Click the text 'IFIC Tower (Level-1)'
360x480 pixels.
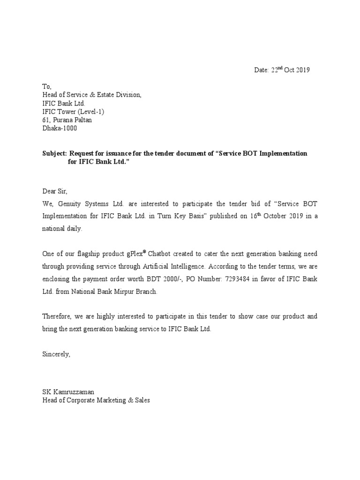point(74,112)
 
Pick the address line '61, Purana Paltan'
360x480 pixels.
point(67,120)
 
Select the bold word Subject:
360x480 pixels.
point(55,154)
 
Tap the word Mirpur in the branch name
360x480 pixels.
point(121,292)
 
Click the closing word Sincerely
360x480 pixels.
point(56,354)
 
